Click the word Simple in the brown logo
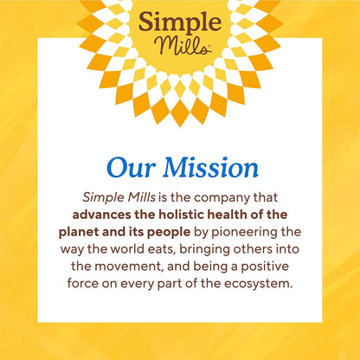[179, 23]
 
